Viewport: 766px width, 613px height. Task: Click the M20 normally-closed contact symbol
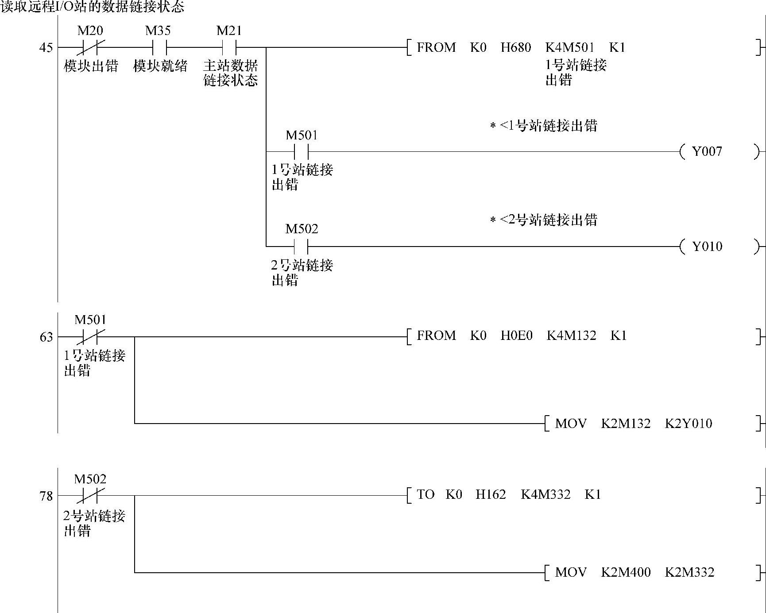point(90,47)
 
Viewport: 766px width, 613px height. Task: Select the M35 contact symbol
point(159,47)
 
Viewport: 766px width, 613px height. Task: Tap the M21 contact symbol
point(229,47)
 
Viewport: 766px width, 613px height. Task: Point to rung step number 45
point(46,47)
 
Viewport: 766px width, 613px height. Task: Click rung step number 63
point(46,337)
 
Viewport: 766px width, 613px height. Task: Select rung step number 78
point(46,496)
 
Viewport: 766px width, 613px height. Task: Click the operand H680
point(515,47)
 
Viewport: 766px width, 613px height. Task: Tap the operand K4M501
point(569,47)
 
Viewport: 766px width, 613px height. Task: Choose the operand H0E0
point(516,335)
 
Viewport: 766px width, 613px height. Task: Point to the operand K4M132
point(571,335)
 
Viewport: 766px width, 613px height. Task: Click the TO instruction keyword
point(426,494)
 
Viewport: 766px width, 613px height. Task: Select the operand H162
point(491,494)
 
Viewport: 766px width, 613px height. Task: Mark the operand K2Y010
point(688,424)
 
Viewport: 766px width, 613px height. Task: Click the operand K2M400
point(626,572)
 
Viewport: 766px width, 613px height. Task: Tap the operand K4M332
point(545,494)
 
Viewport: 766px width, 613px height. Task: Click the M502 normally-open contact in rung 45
point(301,246)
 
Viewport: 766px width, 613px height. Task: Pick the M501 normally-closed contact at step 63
point(90,337)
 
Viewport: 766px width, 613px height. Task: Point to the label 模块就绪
point(160,66)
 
